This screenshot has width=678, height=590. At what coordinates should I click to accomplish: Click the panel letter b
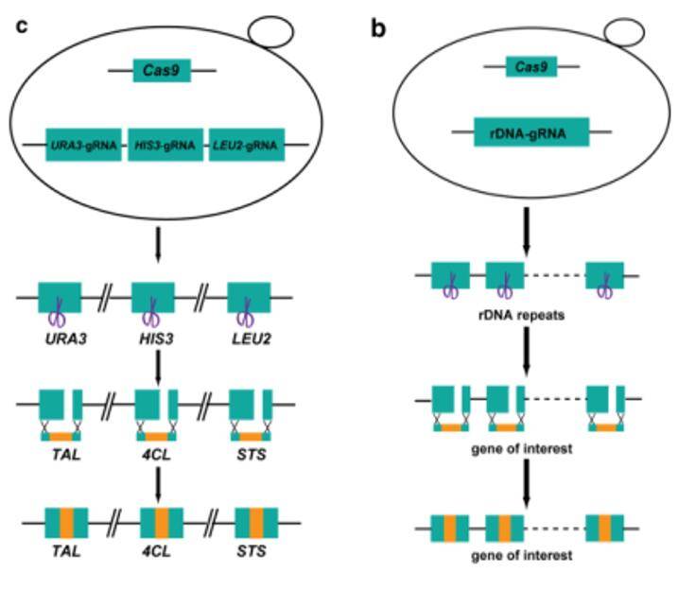[378, 28]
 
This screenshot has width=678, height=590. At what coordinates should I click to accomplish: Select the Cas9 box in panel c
[162, 71]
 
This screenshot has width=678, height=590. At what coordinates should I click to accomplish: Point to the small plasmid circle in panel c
[273, 29]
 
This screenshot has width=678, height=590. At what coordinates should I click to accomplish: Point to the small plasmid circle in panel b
[623, 33]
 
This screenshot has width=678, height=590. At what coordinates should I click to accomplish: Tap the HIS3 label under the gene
[153, 337]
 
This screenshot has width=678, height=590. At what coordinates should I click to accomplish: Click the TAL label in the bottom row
[64, 550]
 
